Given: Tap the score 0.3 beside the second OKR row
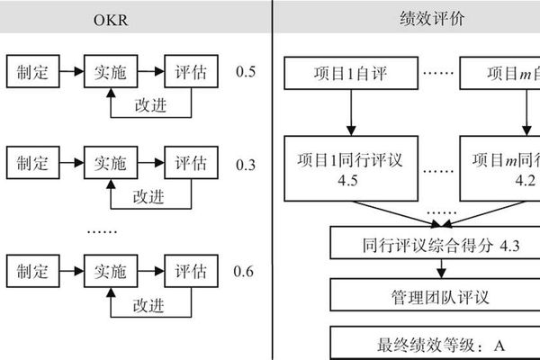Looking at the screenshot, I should point(244,165).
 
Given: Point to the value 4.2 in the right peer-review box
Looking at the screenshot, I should point(526,180).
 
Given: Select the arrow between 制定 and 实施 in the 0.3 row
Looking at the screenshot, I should point(72,165).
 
